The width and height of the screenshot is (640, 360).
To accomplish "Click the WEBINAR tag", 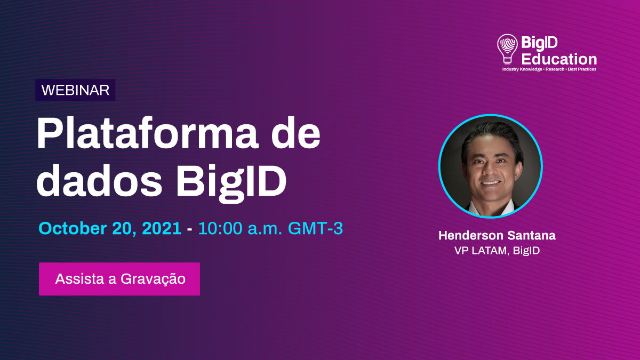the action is click(75, 90).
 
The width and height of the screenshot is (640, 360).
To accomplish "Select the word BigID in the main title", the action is click(231, 183).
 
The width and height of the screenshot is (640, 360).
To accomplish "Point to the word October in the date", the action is click(73, 229).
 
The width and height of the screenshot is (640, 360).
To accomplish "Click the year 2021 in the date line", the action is click(162, 229).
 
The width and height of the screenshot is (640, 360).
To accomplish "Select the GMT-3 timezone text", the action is click(315, 229).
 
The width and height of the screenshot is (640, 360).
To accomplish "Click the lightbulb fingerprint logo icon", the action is click(507, 49).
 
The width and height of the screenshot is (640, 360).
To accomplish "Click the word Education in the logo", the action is click(559, 59).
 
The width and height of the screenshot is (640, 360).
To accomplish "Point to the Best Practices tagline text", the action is click(582, 69).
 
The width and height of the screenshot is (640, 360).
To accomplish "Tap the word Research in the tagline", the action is click(555, 69).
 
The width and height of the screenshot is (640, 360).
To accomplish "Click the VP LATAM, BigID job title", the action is click(497, 251).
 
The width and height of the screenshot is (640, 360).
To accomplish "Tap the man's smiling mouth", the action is click(490, 183).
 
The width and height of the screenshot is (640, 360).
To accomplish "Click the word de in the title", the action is click(296, 133).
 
